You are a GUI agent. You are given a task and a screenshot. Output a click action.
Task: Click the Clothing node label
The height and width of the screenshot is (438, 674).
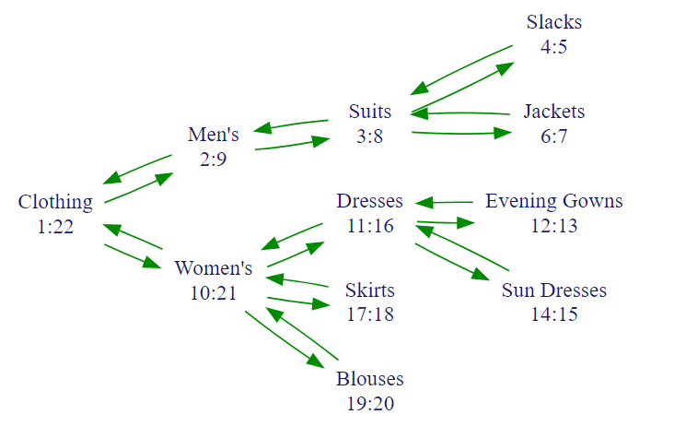55,202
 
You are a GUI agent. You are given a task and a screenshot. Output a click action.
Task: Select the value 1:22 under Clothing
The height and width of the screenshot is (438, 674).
55,226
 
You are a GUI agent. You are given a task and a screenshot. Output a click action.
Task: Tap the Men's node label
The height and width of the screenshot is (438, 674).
214,135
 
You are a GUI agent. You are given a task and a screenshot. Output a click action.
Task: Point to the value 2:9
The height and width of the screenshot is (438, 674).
214,159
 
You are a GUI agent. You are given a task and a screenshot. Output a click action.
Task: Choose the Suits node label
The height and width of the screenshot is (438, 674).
370,112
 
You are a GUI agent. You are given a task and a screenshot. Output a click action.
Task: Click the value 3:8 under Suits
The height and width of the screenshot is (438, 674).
370,136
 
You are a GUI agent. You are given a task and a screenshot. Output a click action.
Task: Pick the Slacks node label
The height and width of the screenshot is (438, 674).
554,21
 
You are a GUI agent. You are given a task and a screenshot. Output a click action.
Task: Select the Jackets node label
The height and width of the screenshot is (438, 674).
554,112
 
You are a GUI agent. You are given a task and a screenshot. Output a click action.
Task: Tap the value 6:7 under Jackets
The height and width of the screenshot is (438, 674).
554,136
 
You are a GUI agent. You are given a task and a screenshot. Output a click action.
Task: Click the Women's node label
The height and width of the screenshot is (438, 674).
214,268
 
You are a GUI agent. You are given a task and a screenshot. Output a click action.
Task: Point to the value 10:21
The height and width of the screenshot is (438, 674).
214,292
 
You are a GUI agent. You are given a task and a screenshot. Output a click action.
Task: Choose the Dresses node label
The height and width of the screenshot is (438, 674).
370,201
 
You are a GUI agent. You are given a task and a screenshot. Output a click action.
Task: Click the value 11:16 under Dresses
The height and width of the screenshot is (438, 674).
370,225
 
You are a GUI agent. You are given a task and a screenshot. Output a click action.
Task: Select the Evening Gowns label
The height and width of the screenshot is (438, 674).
554,201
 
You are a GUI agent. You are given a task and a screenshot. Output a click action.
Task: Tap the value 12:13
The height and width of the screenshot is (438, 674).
554,225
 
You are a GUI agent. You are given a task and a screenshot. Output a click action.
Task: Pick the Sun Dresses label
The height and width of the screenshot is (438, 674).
554,290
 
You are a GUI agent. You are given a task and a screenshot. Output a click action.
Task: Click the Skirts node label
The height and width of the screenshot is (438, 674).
370,290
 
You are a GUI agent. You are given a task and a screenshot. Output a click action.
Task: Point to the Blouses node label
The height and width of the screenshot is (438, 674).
370,379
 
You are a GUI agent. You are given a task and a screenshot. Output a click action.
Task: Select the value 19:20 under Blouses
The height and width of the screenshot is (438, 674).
370,403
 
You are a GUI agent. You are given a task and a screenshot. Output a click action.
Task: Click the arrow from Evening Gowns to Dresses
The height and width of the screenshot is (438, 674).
446,202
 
